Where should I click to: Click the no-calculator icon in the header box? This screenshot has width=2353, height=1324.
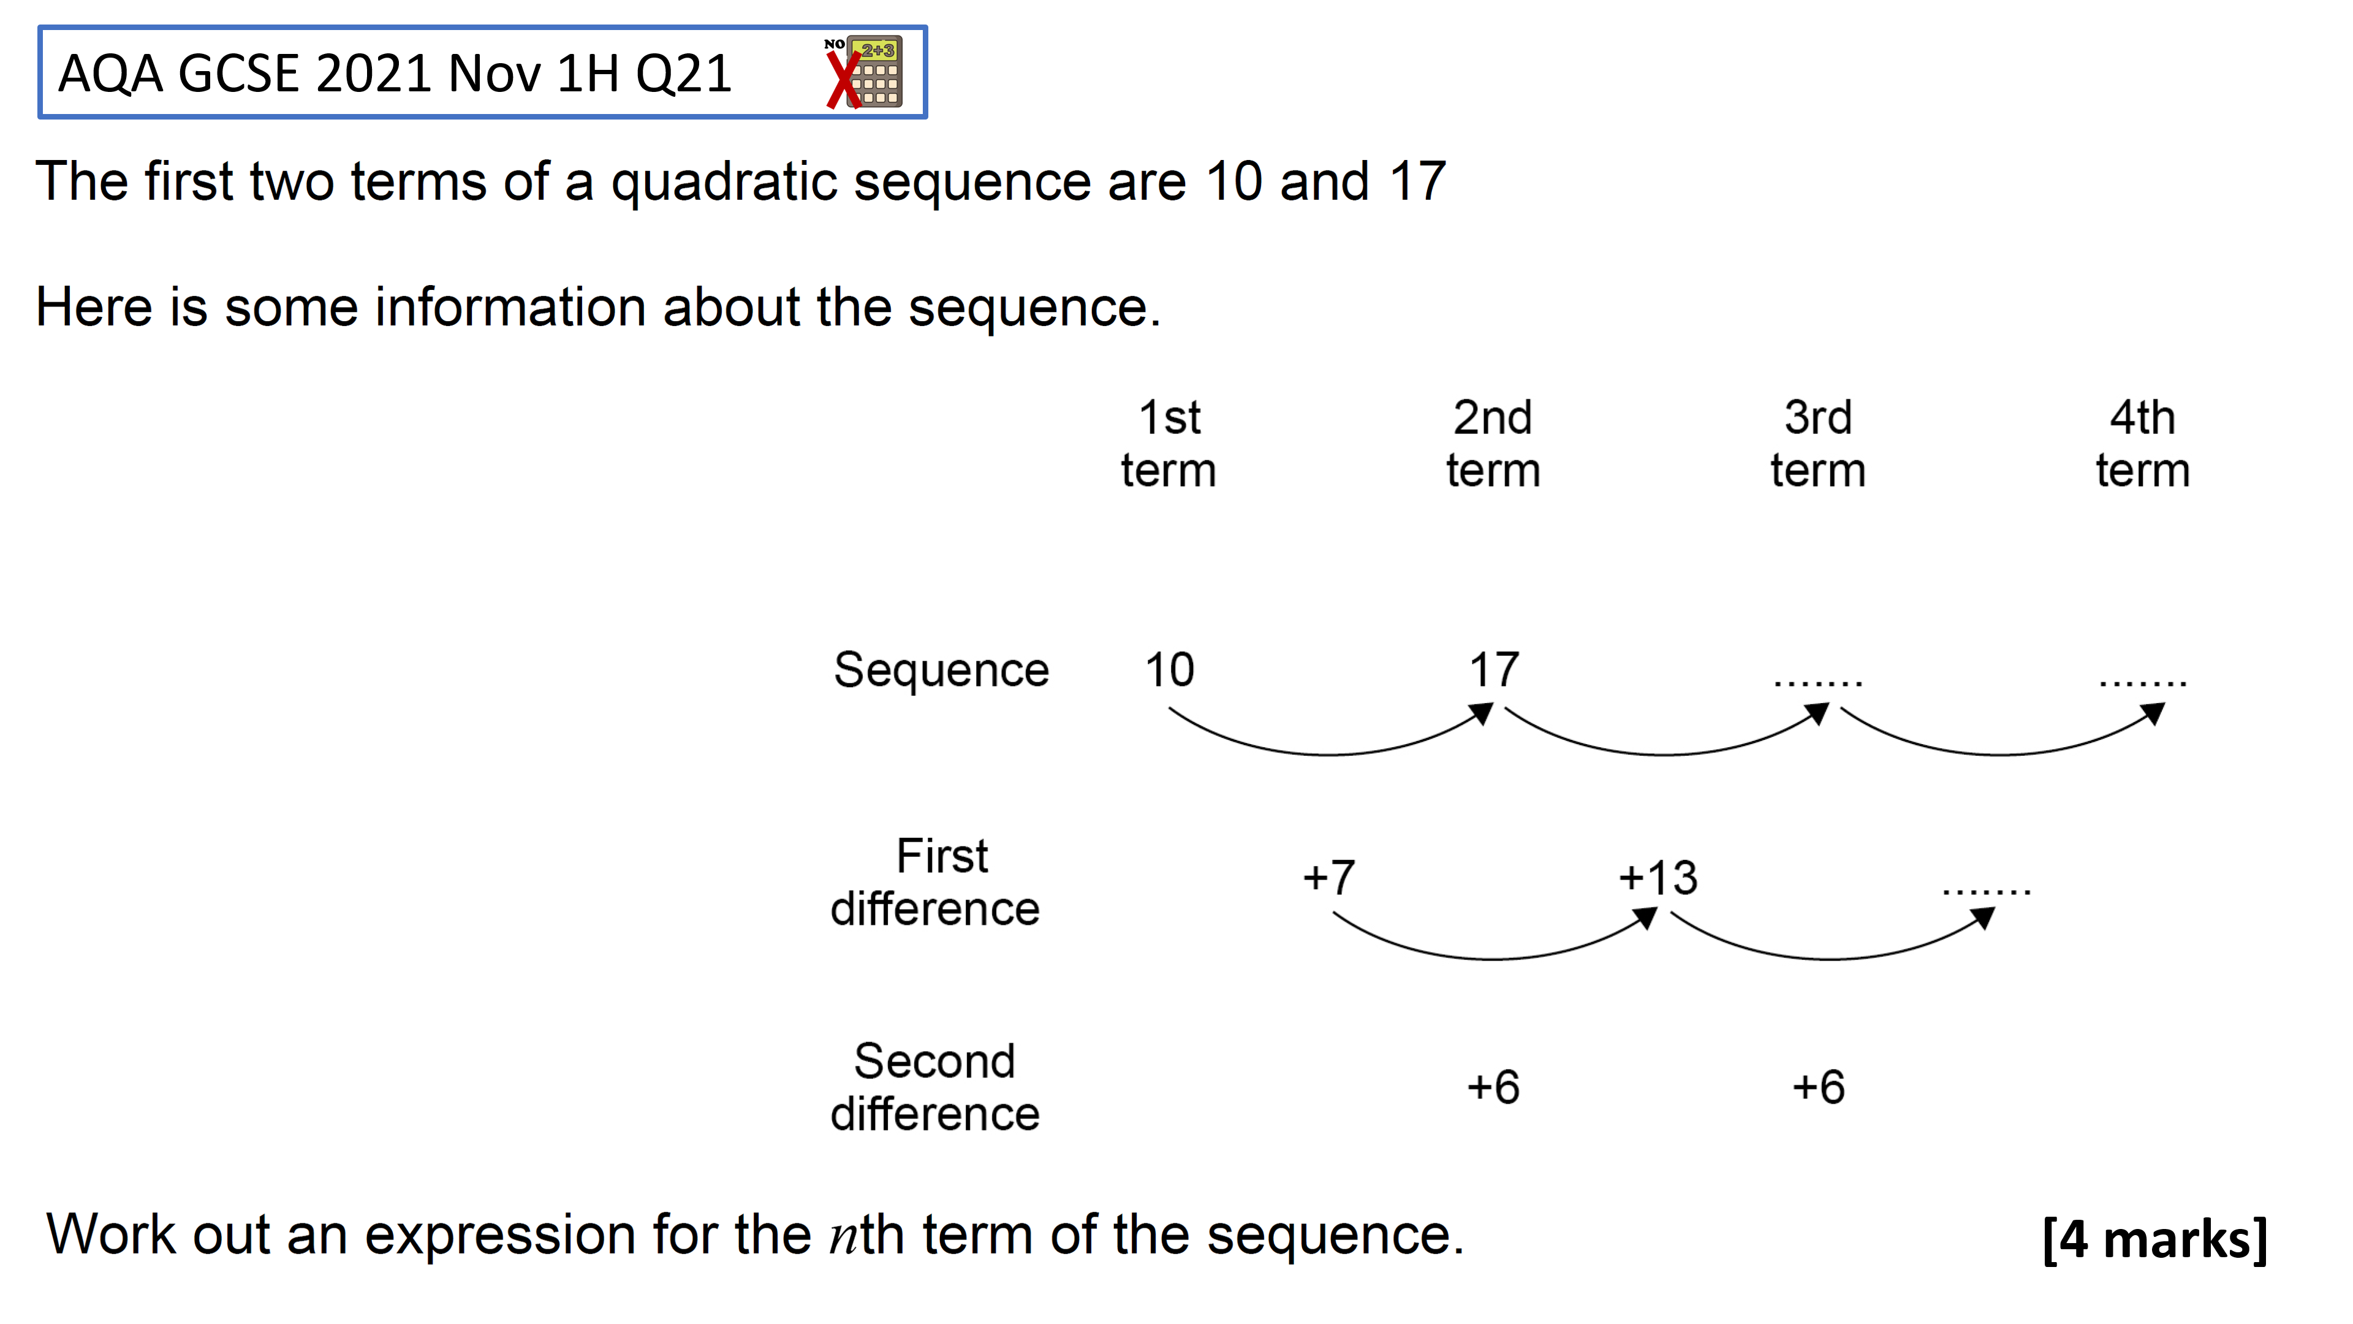click(863, 72)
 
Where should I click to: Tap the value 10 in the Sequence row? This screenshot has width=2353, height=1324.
click(1169, 670)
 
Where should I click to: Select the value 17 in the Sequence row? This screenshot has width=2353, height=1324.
click(1495, 670)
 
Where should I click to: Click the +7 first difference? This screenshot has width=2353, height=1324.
click(1329, 877)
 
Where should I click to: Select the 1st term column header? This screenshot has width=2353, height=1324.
click(1169, 444)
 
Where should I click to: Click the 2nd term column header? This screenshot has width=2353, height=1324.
click(1493, 444)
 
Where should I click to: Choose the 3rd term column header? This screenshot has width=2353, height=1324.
click(1817, 444)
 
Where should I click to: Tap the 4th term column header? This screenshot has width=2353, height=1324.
click(2143, 444)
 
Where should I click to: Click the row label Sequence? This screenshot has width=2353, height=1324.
click(941, 671)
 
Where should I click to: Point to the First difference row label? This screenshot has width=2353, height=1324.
click(935, 883)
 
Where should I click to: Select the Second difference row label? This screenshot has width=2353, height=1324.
click(935, 1087)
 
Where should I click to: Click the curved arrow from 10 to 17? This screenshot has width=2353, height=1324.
click(1329, 754)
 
